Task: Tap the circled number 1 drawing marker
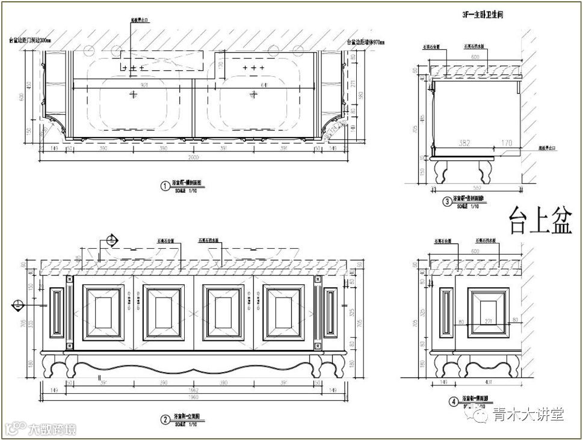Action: pyautogui.click(x=164, y=186)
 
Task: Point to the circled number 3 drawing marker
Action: pyautogui.click(x=447, y=201)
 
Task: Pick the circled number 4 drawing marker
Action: pyautogui.click(x=453, y=402)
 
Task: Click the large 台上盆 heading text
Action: pyautogui.click(x=537, y=221)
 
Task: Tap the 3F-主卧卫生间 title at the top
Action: pyautogui.click(x=483, y=14)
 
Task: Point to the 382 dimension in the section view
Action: pyautogui.click(x=464, y=144)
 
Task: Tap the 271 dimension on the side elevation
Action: pyautogui.click(x=489, y=322)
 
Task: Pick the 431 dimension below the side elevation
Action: pyautogui.click(x=489, y=382)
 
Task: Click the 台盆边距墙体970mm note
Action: pyautogui.click(x=366, y=43)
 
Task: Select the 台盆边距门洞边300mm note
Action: pyautogui.click(x=31, y=41)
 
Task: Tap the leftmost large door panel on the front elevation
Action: pyautogui.click(x=103, y=312)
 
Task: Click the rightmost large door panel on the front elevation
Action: pyautogui.click(x=283, y=312)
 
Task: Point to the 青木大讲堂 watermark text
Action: pyautogui.click(x=528, y=414)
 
